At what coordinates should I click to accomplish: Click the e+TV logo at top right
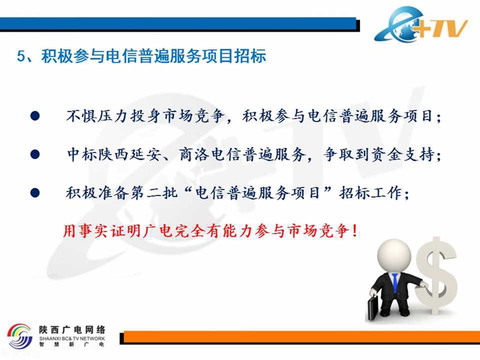point(421,25)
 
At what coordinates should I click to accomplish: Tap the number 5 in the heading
point(21,56)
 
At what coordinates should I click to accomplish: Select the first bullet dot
point(35,116)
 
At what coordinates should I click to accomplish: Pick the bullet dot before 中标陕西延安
point(35,154)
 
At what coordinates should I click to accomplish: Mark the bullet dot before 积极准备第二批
point(35,193)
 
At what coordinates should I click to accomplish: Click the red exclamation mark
point(355,231)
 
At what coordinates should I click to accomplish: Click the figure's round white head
point(394,256)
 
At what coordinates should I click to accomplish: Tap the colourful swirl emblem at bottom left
point(20,336)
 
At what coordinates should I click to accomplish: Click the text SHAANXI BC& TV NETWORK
point(72,339)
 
